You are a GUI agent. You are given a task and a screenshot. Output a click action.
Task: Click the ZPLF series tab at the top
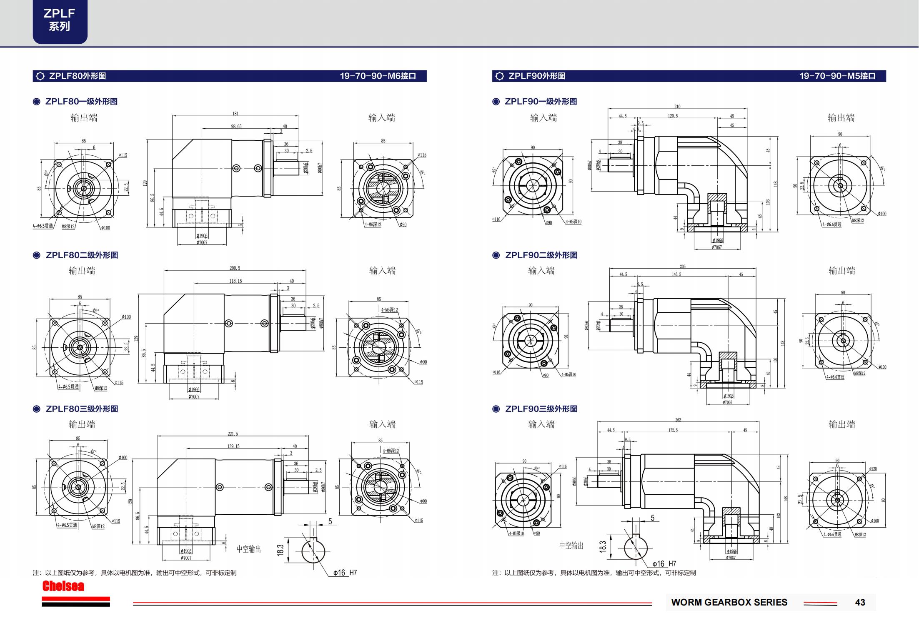click(x=60, y=20)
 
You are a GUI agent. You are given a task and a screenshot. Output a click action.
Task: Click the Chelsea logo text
click(x=63, y=586)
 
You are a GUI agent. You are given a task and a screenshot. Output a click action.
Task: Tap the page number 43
click(x=860, y=602)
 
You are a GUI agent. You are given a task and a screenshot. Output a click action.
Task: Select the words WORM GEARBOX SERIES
click(x=729, y=602)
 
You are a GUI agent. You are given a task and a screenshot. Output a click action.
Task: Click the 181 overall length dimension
click(x=235, y=114)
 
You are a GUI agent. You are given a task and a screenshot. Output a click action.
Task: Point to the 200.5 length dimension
click(x=235, y=268)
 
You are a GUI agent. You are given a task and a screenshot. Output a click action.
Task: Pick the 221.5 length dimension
click(x=233, y=434)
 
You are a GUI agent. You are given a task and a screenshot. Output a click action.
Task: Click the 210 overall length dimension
click(x=677, y=107)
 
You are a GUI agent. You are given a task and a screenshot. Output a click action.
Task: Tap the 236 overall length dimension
click(x=682, y=267)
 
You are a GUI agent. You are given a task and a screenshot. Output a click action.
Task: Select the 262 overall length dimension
click(x=678, y=420)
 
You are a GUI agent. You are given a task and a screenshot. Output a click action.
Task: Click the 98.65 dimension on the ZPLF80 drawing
click(x=236, y=126)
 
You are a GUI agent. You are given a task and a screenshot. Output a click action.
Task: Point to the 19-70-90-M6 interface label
click(x=378, y=76)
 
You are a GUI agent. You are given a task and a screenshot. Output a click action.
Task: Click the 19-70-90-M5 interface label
click(x=837, y=76)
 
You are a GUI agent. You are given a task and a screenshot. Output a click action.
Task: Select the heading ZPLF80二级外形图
click(x=82, y=255)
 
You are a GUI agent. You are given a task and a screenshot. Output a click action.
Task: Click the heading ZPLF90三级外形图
click(x=541, y=409)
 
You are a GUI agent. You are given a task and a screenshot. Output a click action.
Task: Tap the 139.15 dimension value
click(x=233, y=446)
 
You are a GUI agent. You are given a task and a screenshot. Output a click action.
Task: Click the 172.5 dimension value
click(x=673, y=430)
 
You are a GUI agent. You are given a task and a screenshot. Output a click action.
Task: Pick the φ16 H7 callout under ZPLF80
click(x=345, y=573)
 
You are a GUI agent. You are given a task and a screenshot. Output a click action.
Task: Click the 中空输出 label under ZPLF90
click(x=571, y=546)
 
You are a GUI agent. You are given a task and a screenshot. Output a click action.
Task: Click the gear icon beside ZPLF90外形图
click(x=499, y=76)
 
